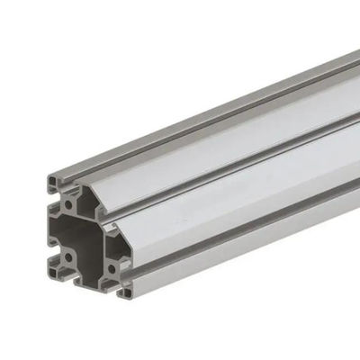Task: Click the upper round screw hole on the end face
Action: pos(68,204)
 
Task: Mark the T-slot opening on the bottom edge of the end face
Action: pos(91,282)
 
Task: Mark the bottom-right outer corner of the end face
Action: pos(131,300)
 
